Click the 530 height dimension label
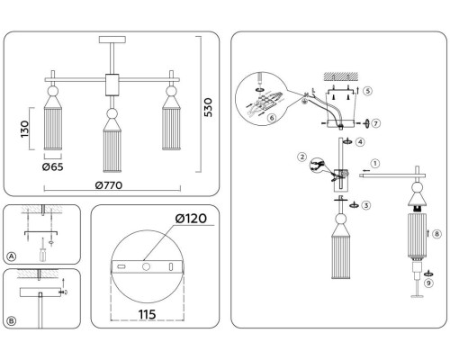(208, 107)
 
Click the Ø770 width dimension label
(109, 185)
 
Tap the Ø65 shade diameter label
(53, 166)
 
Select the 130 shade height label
(24, 129)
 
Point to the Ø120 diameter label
(191, 219)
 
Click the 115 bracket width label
(147, 314)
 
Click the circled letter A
(12, 256)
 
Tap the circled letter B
(12, 321)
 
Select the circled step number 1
(375, 164)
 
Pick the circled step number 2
(302, 157)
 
